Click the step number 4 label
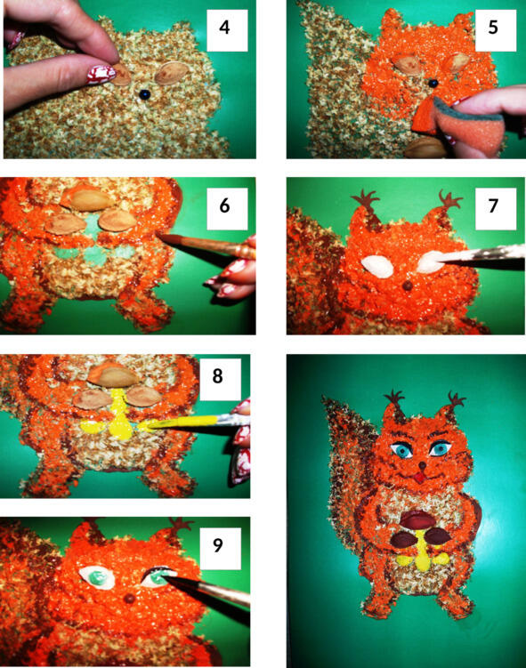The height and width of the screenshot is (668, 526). coord(224,28)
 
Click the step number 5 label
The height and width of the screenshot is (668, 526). coord(493,28)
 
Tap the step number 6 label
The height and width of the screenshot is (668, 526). coord(224,205)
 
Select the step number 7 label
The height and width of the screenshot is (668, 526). coord(493,205)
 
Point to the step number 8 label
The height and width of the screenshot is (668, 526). coord(218,375)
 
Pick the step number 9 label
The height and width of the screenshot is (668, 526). coord(218,545)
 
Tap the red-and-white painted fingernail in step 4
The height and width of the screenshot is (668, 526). coord(101,74)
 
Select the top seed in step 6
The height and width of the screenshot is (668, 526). coord(87,199)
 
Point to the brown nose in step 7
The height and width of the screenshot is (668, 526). coord(409,286)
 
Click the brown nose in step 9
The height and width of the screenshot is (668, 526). coord(130,599)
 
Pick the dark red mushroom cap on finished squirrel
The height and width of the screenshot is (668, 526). coord(417,520)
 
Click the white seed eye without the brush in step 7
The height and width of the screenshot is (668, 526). coord(377,267)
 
